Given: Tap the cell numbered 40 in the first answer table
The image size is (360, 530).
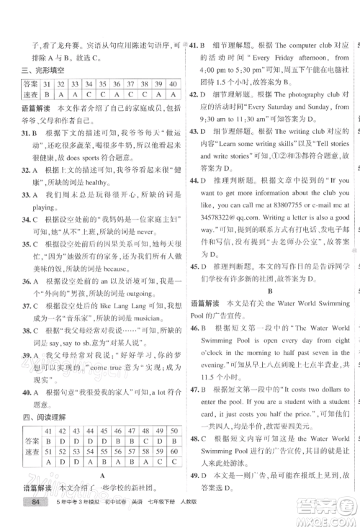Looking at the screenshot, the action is (172, 84).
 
